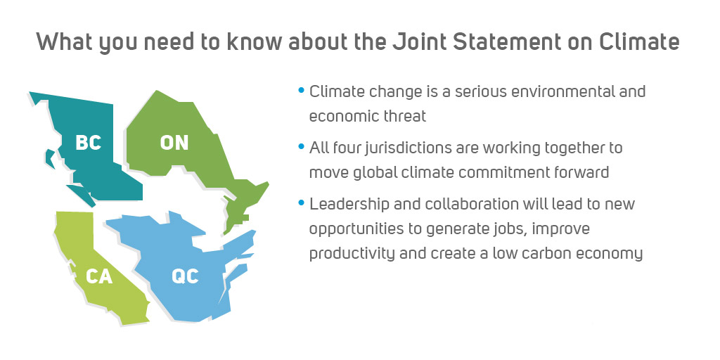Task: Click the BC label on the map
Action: pyautogui.click(x=88, y=142)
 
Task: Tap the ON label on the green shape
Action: pyautogui.click(x=174, y=142)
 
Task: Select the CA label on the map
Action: pyautogui.click(x=99, y=276)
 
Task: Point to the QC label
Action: pyautogui.click(x=185, y=276)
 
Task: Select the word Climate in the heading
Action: pyautogui.click(x=639, y=41)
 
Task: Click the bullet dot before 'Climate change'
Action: pyautogui.click(x=301, y=90)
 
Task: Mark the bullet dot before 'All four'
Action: pyautogui.click(x=301, y=147)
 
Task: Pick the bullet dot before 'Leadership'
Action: pyautogui.click(x=301, y=202)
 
